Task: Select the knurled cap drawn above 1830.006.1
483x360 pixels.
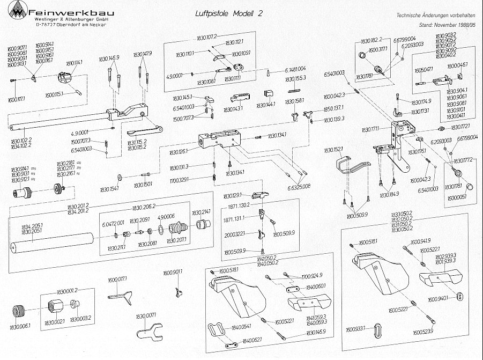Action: (x=20, y=311)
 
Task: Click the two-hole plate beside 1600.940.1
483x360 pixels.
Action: (x=459, y=296)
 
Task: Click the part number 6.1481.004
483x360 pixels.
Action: (x=292, y=70)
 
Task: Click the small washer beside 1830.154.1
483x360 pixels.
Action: (x=117, y=178)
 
